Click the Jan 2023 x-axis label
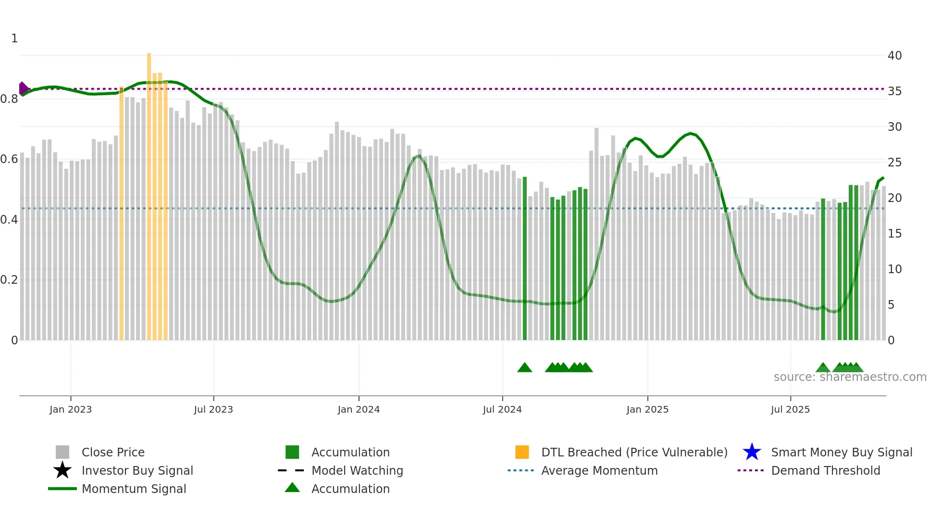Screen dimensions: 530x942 coord(71,409)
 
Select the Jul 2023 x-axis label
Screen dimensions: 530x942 coord(213,409)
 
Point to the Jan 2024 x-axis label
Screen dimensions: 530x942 coord(359,409)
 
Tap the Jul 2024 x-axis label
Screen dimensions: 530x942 coord(502,409)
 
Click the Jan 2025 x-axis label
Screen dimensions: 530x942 coord(647,409)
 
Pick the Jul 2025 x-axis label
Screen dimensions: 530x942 coord(790,409)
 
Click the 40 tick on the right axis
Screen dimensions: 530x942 coord(894,56)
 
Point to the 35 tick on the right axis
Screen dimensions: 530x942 coord(894,91)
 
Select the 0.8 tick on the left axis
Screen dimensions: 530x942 coord(9,99)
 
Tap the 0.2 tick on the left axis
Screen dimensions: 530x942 coord(9,280)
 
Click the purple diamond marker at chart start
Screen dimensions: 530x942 coord(23,88)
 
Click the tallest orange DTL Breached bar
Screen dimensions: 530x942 coord(149,192)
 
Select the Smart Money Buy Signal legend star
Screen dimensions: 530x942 coord(752,452)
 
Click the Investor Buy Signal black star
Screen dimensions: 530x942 coord(62,470)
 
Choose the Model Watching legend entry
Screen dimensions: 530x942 coord(357,470)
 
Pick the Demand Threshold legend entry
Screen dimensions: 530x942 coord(825,470)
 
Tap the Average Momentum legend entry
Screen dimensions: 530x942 coord(599,470)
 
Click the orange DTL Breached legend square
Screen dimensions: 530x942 coord(522,452)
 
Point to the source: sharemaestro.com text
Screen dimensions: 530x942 coord(850,377)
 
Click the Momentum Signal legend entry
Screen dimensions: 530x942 coord(134,489)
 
